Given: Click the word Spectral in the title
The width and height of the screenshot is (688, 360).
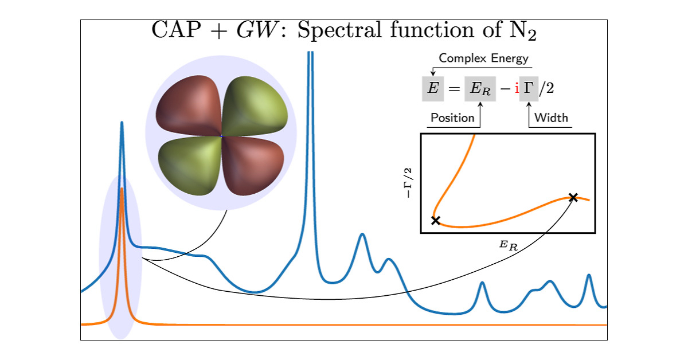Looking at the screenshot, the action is (339, 31).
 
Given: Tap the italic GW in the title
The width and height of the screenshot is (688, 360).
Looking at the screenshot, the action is (257, 30).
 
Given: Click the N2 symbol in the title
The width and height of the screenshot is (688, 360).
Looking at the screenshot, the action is (523, 31).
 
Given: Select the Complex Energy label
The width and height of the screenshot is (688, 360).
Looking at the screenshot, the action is (483, 58).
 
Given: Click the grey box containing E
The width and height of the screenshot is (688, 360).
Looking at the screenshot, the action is (433, 88).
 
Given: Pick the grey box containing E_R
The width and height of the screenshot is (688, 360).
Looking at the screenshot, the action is (480, 88).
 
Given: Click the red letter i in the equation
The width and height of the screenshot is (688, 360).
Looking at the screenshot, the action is (517, 88).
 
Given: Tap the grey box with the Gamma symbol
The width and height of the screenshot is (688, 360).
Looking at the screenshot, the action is (529, 88).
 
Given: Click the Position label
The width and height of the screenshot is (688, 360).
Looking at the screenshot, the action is (452, 118).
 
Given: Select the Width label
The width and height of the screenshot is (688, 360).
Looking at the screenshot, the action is (551, 118).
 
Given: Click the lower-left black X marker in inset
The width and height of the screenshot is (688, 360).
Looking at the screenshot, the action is (436, 220).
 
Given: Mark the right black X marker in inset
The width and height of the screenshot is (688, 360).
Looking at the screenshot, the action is (573, 198).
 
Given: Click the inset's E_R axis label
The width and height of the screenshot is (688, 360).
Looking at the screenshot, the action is (509, 245).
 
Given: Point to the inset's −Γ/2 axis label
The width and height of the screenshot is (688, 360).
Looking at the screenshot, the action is (408, 183).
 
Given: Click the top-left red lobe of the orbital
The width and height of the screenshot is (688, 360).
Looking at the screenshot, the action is (188, 104).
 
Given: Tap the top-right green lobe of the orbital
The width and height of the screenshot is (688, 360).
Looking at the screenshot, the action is (255, 104).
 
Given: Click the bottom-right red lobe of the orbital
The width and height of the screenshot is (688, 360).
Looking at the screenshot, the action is (253, 166).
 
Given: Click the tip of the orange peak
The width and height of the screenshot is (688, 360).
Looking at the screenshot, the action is (122, 188).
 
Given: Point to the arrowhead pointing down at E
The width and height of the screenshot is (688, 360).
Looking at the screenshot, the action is (433, 73).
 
